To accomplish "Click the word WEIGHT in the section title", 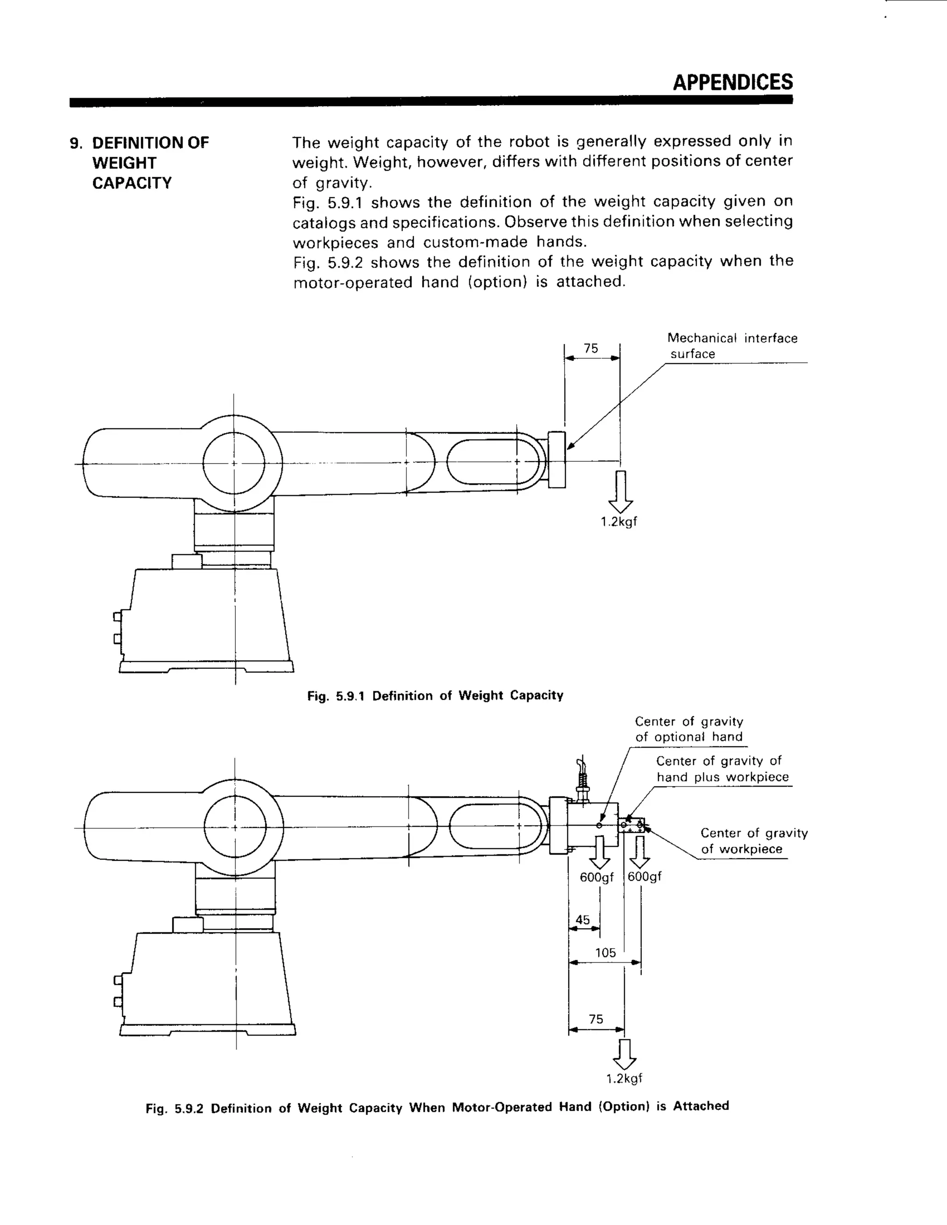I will coord(124,163).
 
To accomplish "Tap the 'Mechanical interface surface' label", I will coord(732,345).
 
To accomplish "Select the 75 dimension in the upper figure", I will coord(591,349).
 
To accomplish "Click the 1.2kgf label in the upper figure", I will coord(619,521).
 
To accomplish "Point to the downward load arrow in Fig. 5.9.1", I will coord(621,491).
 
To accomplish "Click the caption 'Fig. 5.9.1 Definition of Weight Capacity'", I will coord(435,696).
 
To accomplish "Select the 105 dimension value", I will coord(605,952).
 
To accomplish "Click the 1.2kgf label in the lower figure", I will coord(624,1078).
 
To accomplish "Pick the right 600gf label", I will coord(644,876).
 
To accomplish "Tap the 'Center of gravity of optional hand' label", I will coord(689,729).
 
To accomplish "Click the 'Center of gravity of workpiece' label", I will coord(753,841).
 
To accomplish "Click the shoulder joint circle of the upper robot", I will coord(234,463).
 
